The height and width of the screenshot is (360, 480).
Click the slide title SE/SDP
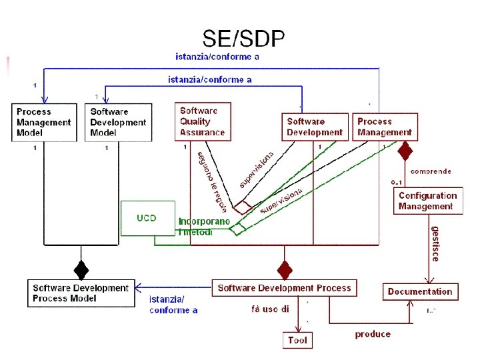[243, 39]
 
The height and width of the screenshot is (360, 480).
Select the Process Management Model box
[44, 122]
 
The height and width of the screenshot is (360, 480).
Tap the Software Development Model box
[118, 122]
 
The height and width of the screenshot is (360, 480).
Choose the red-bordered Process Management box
[384, 127]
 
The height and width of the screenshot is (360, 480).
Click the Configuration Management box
[427, 201]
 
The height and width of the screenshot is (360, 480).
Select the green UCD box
[147, 218]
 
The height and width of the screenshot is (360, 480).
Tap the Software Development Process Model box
[81, 293]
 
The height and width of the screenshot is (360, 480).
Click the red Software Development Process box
[284, 288]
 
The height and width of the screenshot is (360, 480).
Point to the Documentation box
[420, 291]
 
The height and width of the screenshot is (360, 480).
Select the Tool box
[297, 340]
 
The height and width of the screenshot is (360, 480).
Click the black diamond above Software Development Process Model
[81, 269]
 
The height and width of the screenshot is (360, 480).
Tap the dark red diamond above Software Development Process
[285, 269]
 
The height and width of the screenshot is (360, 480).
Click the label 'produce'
[373, 334]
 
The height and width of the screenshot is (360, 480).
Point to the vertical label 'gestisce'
[435, 243]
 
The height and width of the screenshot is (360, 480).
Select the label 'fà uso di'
[270, 309]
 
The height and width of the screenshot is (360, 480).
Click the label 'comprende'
[431, 171]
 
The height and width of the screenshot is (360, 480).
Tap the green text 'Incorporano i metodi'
[204, 226]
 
